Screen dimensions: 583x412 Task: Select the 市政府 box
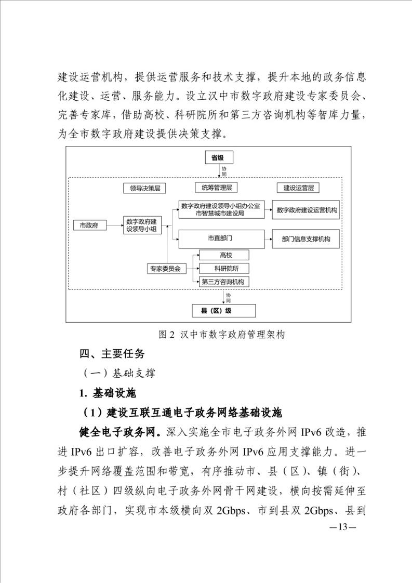[x=90, y=226]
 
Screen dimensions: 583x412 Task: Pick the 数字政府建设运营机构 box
[x=307, y=210]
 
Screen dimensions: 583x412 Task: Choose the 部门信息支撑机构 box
[x=307, y=240]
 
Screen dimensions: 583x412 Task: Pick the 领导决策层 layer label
[x=141, y=188]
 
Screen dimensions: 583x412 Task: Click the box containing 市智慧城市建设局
[x=221, y=210]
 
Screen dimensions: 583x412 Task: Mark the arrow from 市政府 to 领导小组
[x=115, y=226]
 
